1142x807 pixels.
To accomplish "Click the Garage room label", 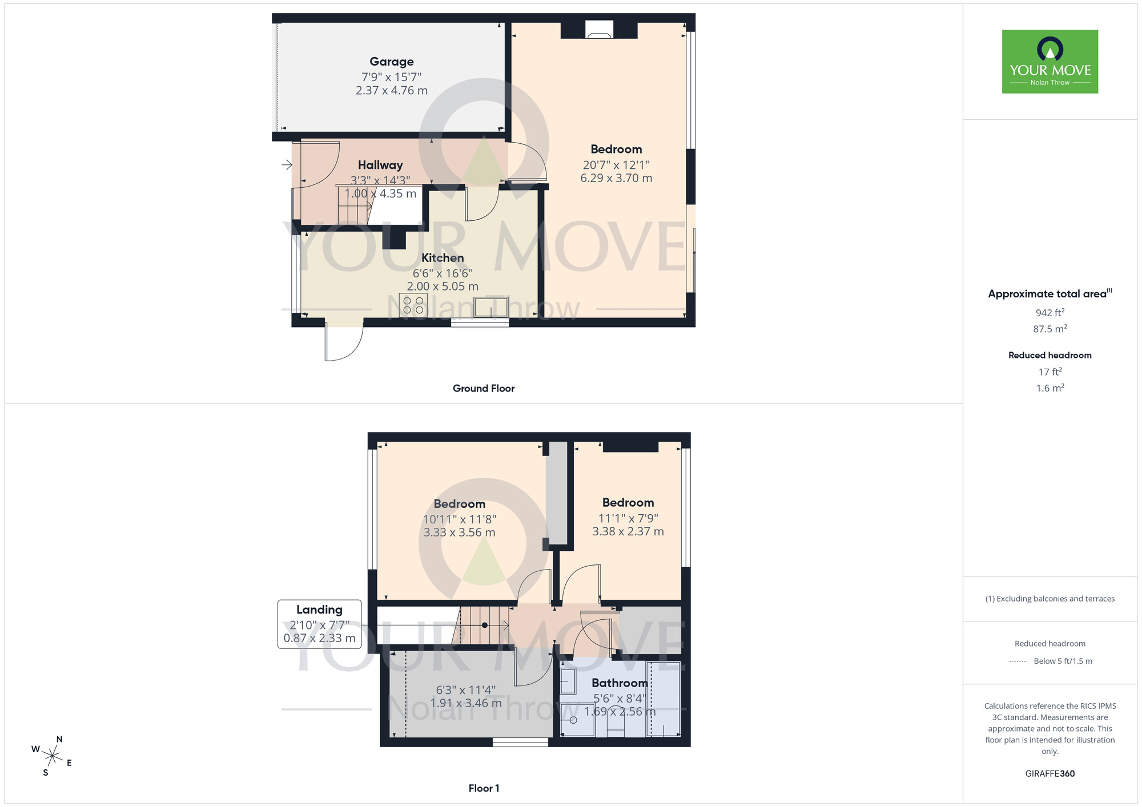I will tap(391, 62).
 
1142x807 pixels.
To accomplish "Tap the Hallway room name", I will tap(380, 165).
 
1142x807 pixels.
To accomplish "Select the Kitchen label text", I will tap(443, 258).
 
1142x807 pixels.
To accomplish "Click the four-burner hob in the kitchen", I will tap(413, 305).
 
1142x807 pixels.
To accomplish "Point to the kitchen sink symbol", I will tap(490, 308).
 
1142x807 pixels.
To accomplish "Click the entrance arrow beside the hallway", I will tap(287, 165).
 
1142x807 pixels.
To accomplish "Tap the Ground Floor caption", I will tap(484, 389).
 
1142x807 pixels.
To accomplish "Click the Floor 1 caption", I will tap(484, 788).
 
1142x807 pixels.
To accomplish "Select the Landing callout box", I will tap(319, 624).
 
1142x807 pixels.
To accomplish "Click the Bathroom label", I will tap(620, 683).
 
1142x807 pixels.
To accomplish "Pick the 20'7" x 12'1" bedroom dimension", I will tap(616, 165).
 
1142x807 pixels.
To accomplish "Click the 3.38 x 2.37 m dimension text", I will tap(628, 531).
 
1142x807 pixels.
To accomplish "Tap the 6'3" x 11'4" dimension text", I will tap(465, 690).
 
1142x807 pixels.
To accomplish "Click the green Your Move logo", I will tap(1049, 62).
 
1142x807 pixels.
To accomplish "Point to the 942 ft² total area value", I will tap(1049, 313).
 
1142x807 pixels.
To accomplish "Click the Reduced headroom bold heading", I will tap(1049, 355).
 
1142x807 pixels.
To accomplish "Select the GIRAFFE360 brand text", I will tap(1049, 774).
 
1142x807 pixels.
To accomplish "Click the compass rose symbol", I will tap(53, 757).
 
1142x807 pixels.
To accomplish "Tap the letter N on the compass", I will tap(59, 740).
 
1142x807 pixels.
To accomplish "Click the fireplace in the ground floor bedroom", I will tap(599, 30).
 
